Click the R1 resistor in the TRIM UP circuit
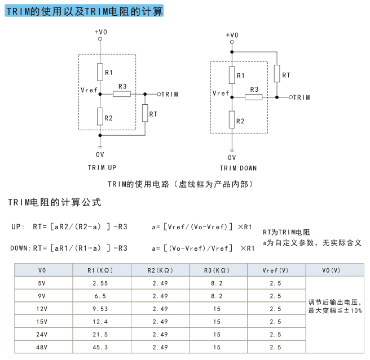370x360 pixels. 100,72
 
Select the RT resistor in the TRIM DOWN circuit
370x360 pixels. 277,74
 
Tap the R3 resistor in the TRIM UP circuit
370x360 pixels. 122,94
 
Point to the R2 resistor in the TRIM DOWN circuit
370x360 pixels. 232,120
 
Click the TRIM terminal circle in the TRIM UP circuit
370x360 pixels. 159,94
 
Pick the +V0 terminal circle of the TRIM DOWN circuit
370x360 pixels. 232,42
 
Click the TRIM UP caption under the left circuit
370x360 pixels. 102,168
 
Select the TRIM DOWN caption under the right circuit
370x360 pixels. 238,168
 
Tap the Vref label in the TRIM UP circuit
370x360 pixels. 89,90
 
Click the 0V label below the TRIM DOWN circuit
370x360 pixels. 232,158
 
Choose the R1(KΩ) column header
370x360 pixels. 100,270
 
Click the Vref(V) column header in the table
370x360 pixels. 275,270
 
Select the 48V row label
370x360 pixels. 42,347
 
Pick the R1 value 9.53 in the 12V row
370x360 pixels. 100,309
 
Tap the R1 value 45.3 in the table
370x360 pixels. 100,347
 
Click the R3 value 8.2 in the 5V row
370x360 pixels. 217,283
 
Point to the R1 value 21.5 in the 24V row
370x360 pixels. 100,335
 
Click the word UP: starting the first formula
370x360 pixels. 18,227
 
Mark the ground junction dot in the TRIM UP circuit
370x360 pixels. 100,135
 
